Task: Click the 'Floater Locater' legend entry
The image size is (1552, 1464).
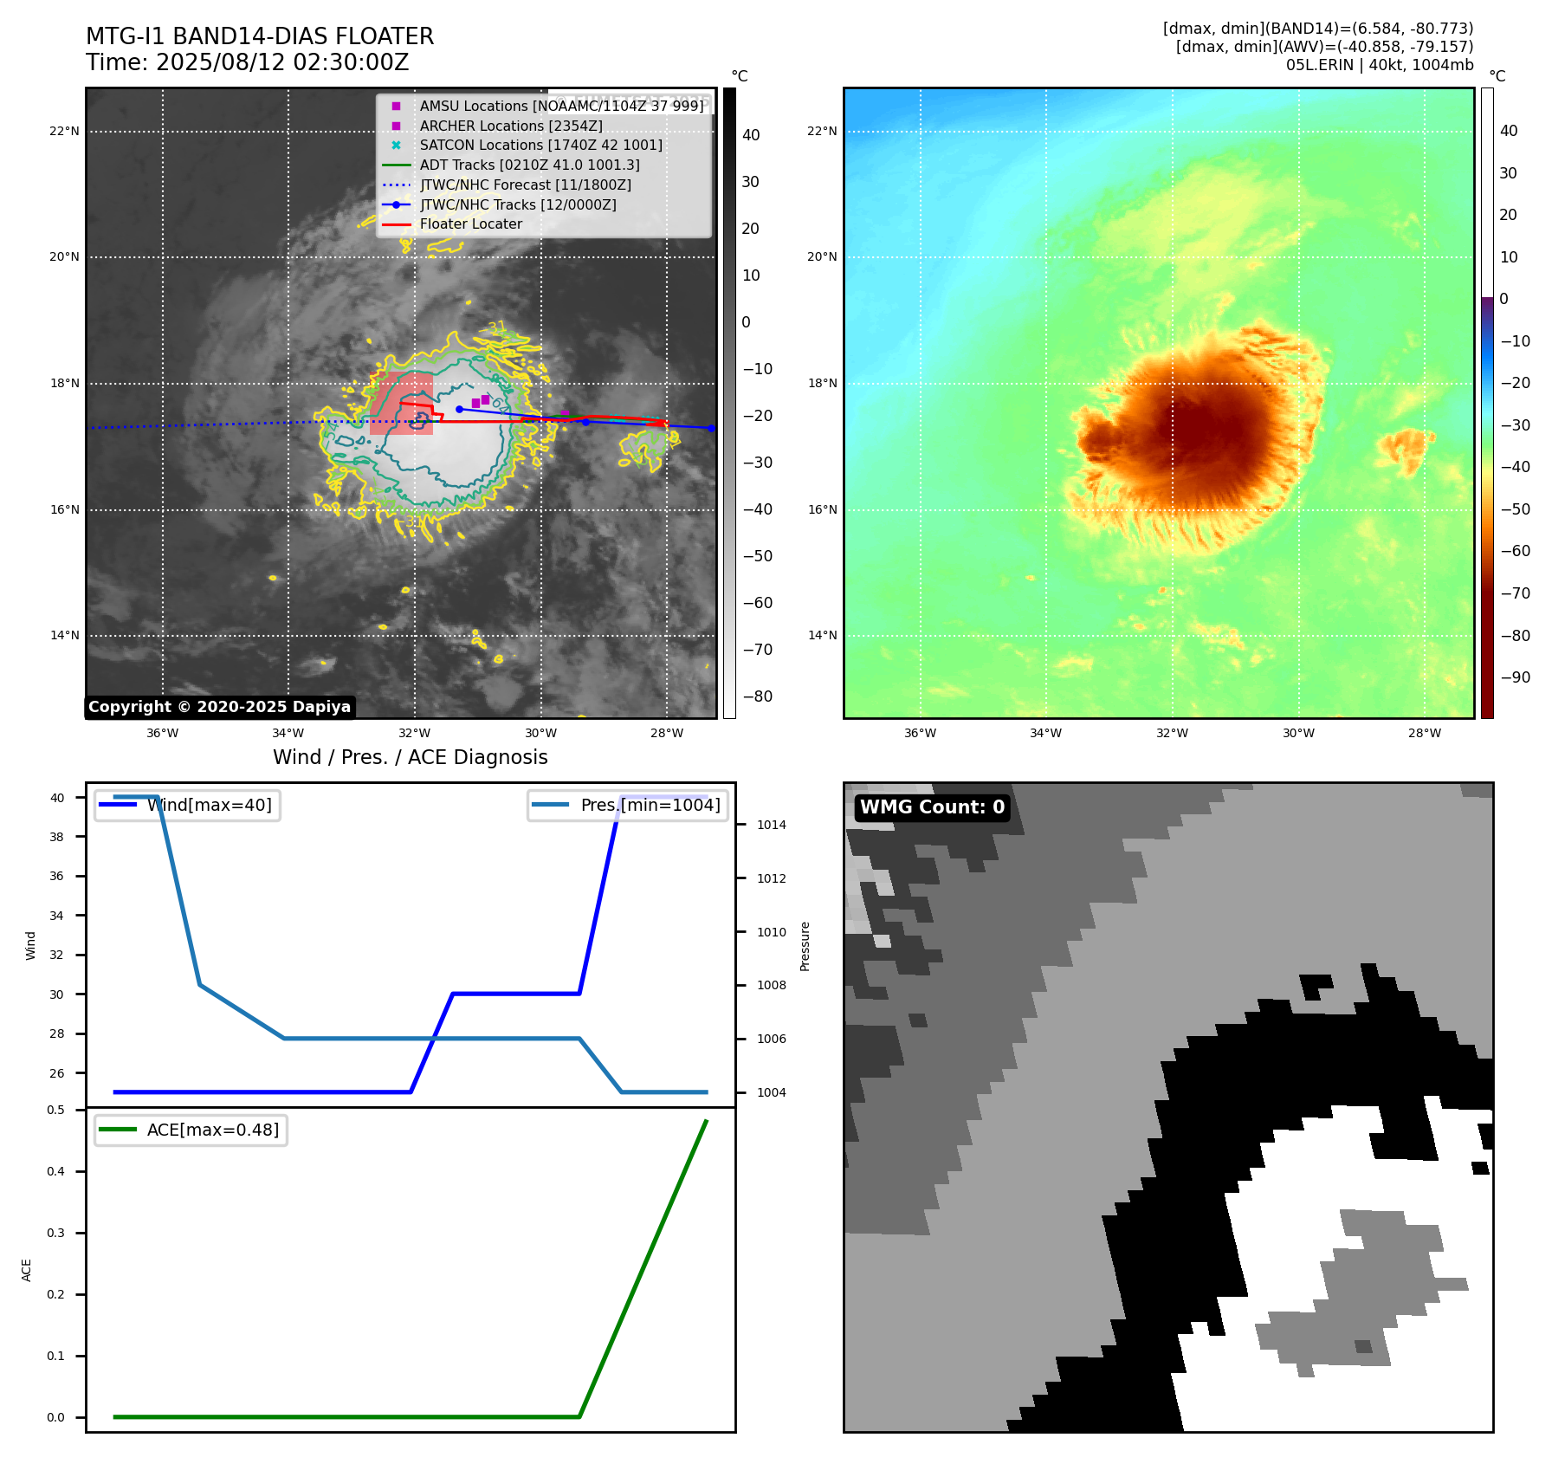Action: (470, 224)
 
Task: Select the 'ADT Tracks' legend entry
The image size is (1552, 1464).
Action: (529, 165)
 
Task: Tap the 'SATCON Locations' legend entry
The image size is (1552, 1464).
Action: (540, 146)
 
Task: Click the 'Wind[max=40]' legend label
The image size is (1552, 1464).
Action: (209, 806)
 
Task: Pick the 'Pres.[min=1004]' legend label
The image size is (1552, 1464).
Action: (650, 806)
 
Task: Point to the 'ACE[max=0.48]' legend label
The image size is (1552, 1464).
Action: (212, 1130)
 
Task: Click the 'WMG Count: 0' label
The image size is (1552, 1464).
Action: (932, 807)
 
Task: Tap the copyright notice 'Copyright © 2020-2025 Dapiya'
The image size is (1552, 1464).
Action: (219, 707)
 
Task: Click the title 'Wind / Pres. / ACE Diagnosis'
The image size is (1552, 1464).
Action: (410, 758)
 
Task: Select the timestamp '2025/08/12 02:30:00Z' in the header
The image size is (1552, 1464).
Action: (282, 63)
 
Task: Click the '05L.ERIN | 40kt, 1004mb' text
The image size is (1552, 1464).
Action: (1379, 65)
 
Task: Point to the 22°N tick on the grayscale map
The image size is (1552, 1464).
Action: (64, 132)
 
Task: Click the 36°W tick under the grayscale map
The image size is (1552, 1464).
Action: (162, 734)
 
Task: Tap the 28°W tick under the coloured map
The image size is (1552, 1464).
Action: (1424, 734)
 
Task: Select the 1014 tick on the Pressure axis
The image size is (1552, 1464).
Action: (771, 826)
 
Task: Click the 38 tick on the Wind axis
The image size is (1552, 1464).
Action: (56, 837)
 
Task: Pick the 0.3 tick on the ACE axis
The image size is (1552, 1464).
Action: (55, 1234)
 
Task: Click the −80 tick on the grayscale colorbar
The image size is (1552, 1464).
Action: (757, 696)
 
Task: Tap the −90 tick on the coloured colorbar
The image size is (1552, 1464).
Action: (1515, 677)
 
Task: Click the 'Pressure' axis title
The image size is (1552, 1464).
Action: (805, 946)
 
